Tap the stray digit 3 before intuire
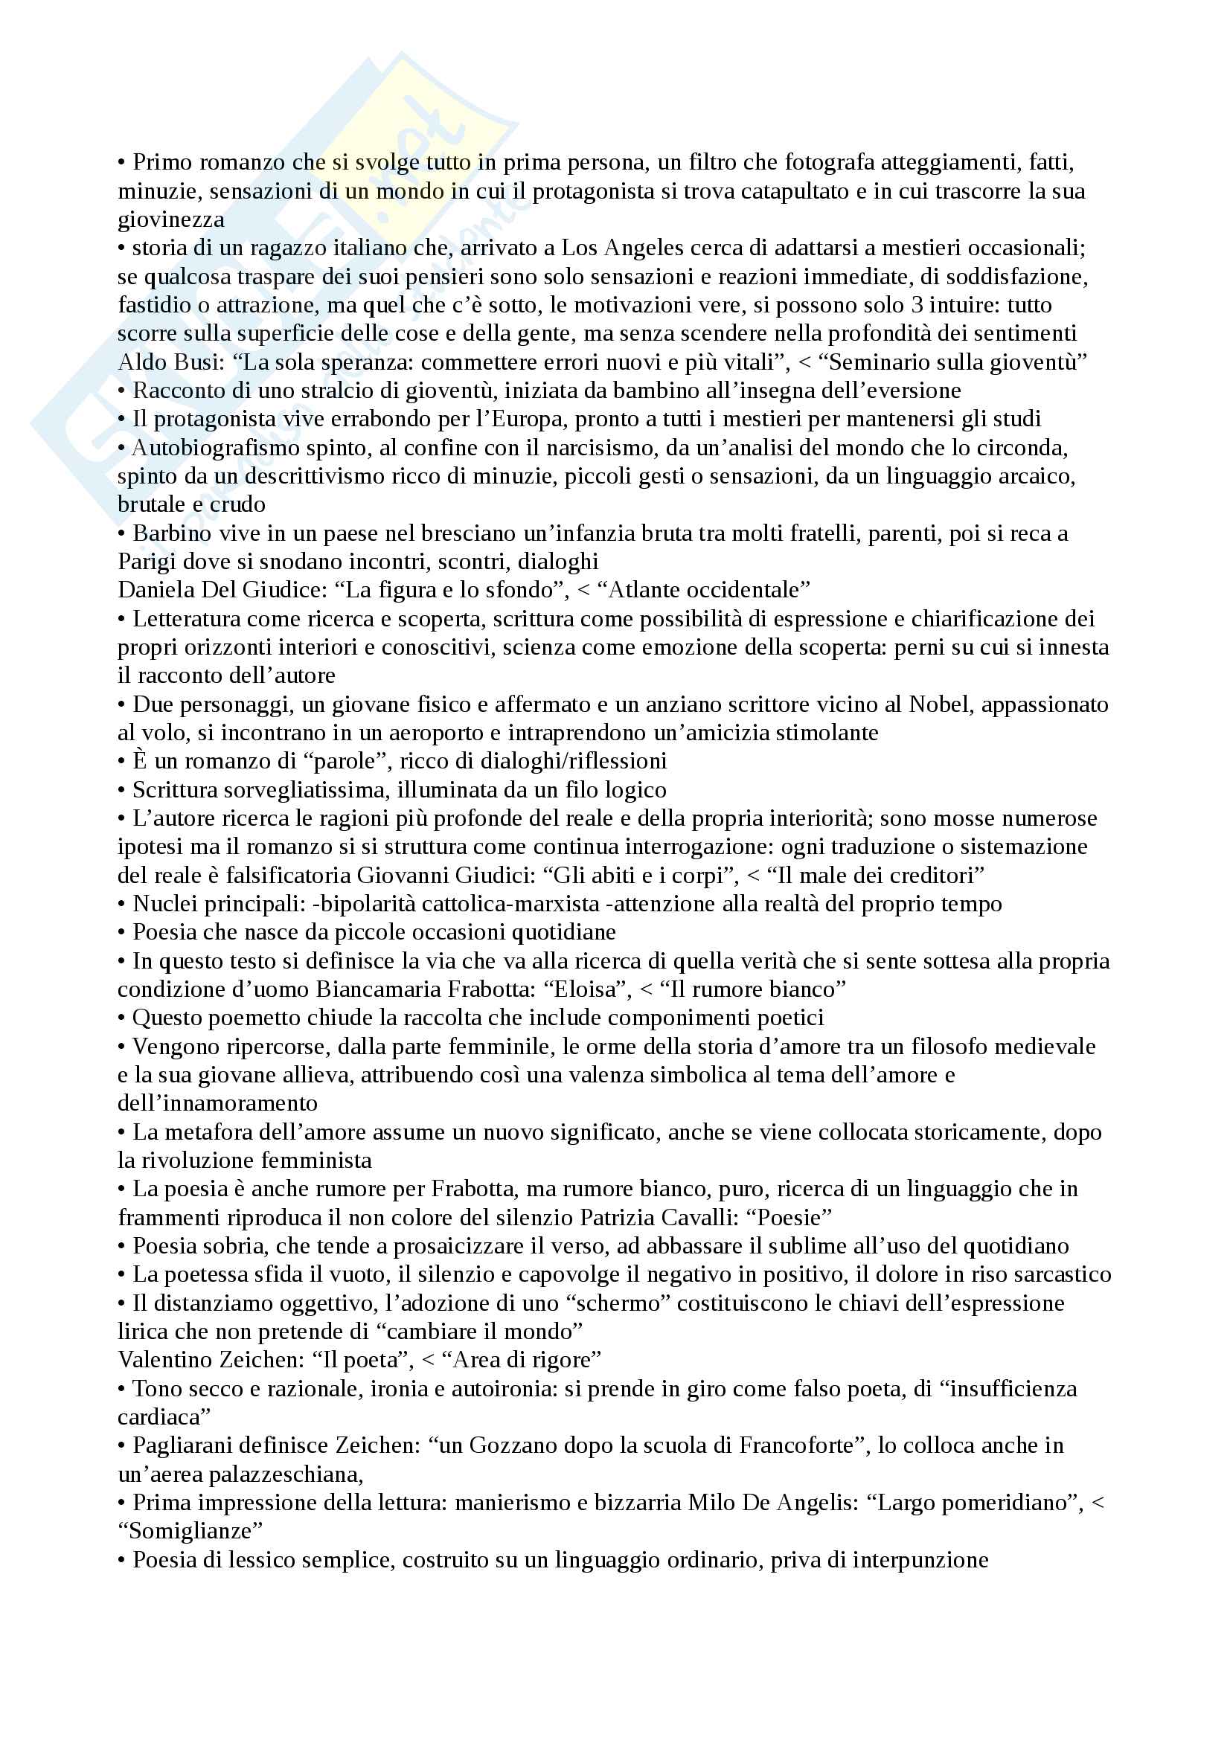pos(917,305)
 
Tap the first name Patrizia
pos(621,1217)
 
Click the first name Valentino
pos(165,1360)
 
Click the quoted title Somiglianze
pos(190,1530)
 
